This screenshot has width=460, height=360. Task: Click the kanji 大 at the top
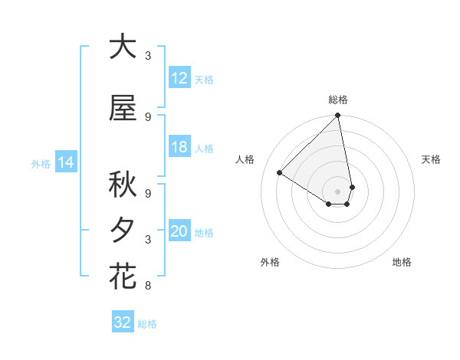coord(123,47)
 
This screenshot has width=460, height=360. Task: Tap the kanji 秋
coord(123,185)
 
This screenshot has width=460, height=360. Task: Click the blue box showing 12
coord(179,78)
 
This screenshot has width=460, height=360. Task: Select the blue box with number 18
coord(179,148)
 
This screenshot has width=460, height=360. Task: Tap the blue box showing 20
coord(179,232)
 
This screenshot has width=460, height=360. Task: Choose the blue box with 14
coord(65,162)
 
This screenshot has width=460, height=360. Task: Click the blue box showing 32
coord(123,322)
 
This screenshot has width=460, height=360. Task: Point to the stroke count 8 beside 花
coord(148,286)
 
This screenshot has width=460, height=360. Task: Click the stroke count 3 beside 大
coord(148,56)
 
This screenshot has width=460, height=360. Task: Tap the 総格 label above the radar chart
coord(338,100)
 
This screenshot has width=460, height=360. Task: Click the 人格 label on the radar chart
coord(245,159)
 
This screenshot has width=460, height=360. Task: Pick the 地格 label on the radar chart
coord(402,262)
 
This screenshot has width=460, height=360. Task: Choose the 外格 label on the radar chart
coord(270,262)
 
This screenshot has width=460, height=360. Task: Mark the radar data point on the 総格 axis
coord(338,116)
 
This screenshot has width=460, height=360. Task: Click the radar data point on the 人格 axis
coord(280,172)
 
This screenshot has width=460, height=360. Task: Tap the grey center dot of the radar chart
coord(338,191)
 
